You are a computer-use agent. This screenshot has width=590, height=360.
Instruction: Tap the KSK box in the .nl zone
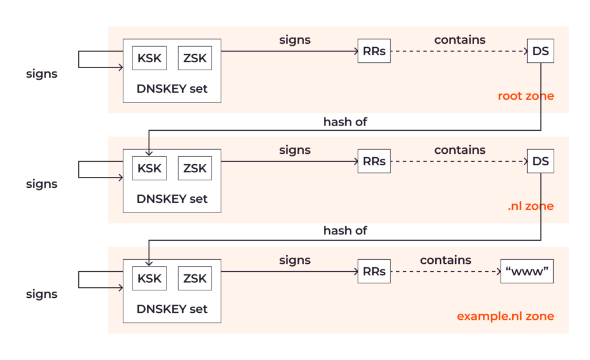pyautogui.click(x=149, y=169)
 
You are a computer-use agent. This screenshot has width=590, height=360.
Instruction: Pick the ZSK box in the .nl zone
pyautogui.click(x=195, y=169)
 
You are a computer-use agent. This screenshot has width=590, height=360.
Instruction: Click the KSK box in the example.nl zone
pyautogui.click(x=149, y=279)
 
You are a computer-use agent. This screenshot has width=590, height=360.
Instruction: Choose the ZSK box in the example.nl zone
pyautogui.click(x=195, y=279)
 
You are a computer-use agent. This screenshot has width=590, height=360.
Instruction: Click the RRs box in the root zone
pyautogui.click(x=374, y=51)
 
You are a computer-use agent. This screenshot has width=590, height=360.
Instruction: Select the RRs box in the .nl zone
pyautogui.click(x=374, y=161)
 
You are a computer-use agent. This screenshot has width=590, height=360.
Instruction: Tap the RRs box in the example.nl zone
pyautogui.click(x=374, y=271)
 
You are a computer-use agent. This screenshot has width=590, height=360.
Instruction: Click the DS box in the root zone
pyautogui.click(x=540, y=51)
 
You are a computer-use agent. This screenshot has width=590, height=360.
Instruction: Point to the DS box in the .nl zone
pyautogui.click(x=540, y=161)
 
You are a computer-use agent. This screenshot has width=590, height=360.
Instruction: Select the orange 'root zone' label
pyautogui.click(x=525, y=96)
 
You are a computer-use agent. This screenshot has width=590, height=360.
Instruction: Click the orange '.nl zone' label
pyautogui.click(x=530, y=206)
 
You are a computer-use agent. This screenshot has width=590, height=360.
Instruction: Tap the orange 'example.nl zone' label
pyautogui.click(x=505, y=316)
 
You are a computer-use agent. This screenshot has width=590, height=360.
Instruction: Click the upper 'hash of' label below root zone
pyautogui.click(x=345, y=122)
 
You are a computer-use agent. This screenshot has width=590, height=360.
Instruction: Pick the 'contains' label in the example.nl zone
pyautogui.click(x=445, y=260)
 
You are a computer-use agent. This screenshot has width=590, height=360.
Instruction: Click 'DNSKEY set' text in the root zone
pyautogui.click(x=172, y=89)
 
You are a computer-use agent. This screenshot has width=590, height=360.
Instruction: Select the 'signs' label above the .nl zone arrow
pyautogui.click(x=294, y=150)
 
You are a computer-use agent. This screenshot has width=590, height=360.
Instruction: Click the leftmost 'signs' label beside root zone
pyautogui.click(x=41, y=74)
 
